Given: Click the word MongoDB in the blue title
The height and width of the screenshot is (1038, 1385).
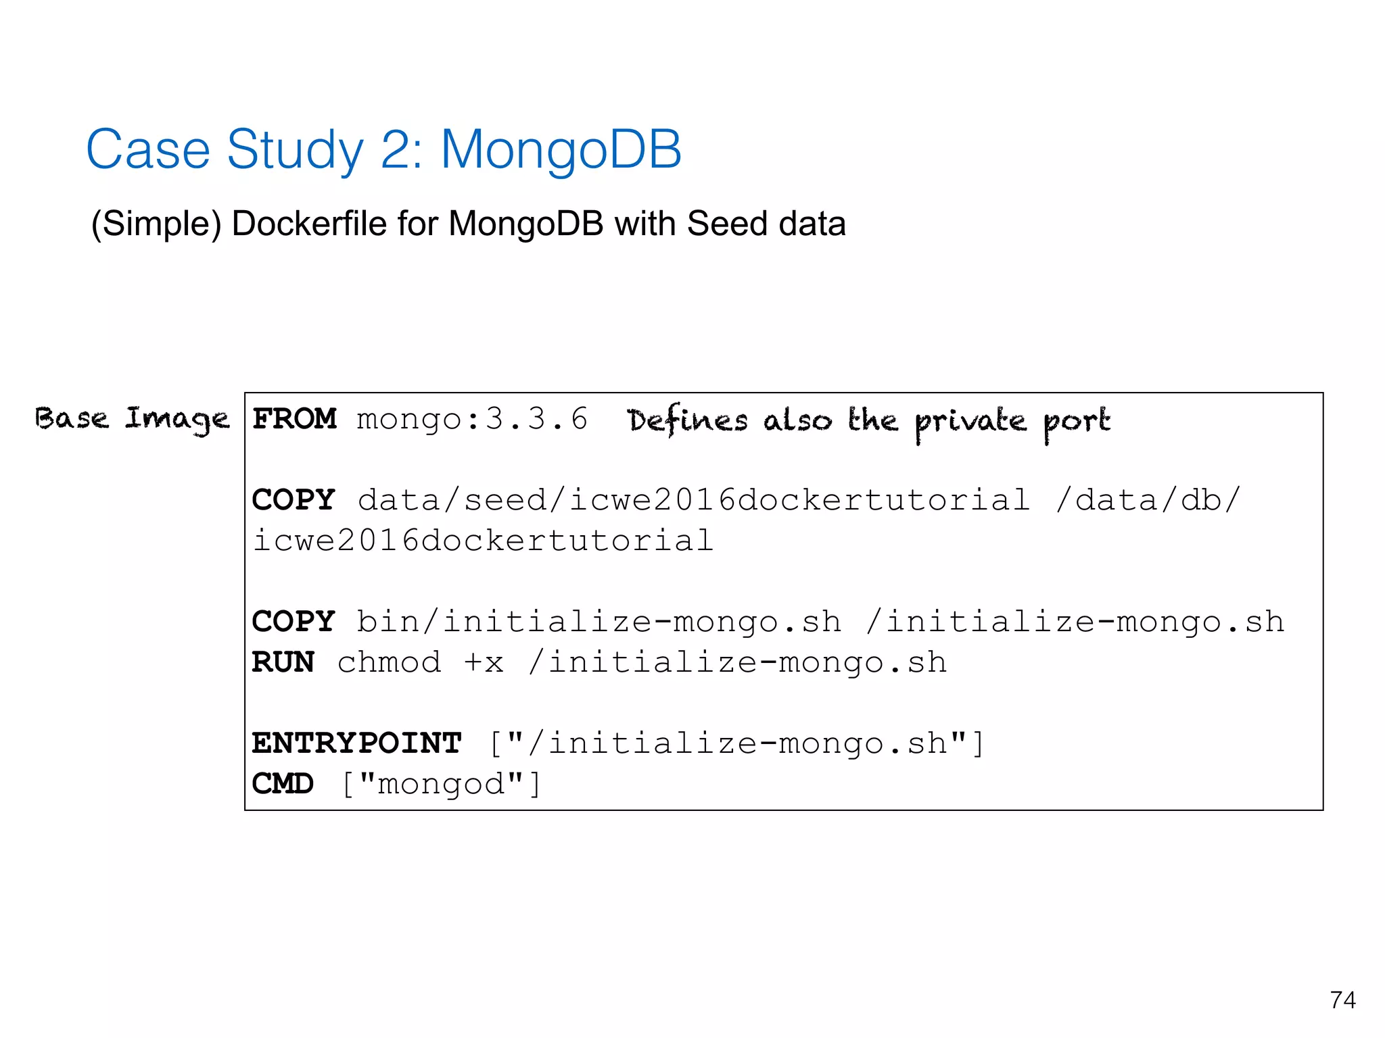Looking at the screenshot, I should (x=561, y=149).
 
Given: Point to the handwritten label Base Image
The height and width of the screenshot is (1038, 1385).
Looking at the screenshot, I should (x=133, y=419).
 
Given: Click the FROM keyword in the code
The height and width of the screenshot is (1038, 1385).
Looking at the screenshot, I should (x=294, y=419).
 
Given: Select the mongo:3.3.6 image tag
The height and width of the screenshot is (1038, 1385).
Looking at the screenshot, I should (x=472, y=419).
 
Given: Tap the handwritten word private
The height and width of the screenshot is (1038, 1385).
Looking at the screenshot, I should (x=970, y=422).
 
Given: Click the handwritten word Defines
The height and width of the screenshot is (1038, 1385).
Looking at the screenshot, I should (x=687, y=420).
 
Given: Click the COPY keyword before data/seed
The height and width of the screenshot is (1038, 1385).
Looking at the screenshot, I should (x=294, y=500).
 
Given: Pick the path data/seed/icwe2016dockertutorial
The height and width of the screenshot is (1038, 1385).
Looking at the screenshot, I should (x=694, y=500).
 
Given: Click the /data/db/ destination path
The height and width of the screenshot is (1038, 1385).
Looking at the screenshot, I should (x=1148, y=500).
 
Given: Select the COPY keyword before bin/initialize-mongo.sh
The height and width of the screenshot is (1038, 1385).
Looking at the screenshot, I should (x=294, y=622).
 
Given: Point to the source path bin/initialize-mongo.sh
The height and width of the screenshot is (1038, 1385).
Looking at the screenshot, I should (x=599, y=622).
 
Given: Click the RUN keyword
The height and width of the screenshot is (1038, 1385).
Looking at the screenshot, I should (x=283, y=662).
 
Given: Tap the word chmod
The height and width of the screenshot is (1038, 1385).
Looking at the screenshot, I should (x=390, y=662).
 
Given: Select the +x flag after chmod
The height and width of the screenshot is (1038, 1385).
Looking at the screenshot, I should (x=484, y=662).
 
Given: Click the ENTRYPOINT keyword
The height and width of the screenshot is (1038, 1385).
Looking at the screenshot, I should (x=357, y=743).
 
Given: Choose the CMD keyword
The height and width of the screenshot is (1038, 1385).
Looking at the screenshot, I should (x=283, y=784).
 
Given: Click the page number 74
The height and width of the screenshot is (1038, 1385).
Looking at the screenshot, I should (x=1342, y=999).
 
